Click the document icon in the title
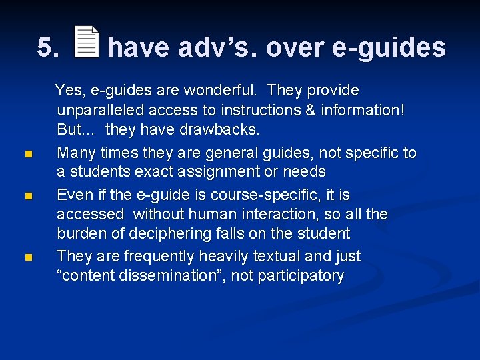[x=86, y=42]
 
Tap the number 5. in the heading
[x=48, y=48]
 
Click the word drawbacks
[x=221, y=129]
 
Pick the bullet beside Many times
[x=27, y=155]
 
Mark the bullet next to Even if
[x=27, y=196]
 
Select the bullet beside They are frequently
[x=27, y=257]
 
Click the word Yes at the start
[x=67, y=90]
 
